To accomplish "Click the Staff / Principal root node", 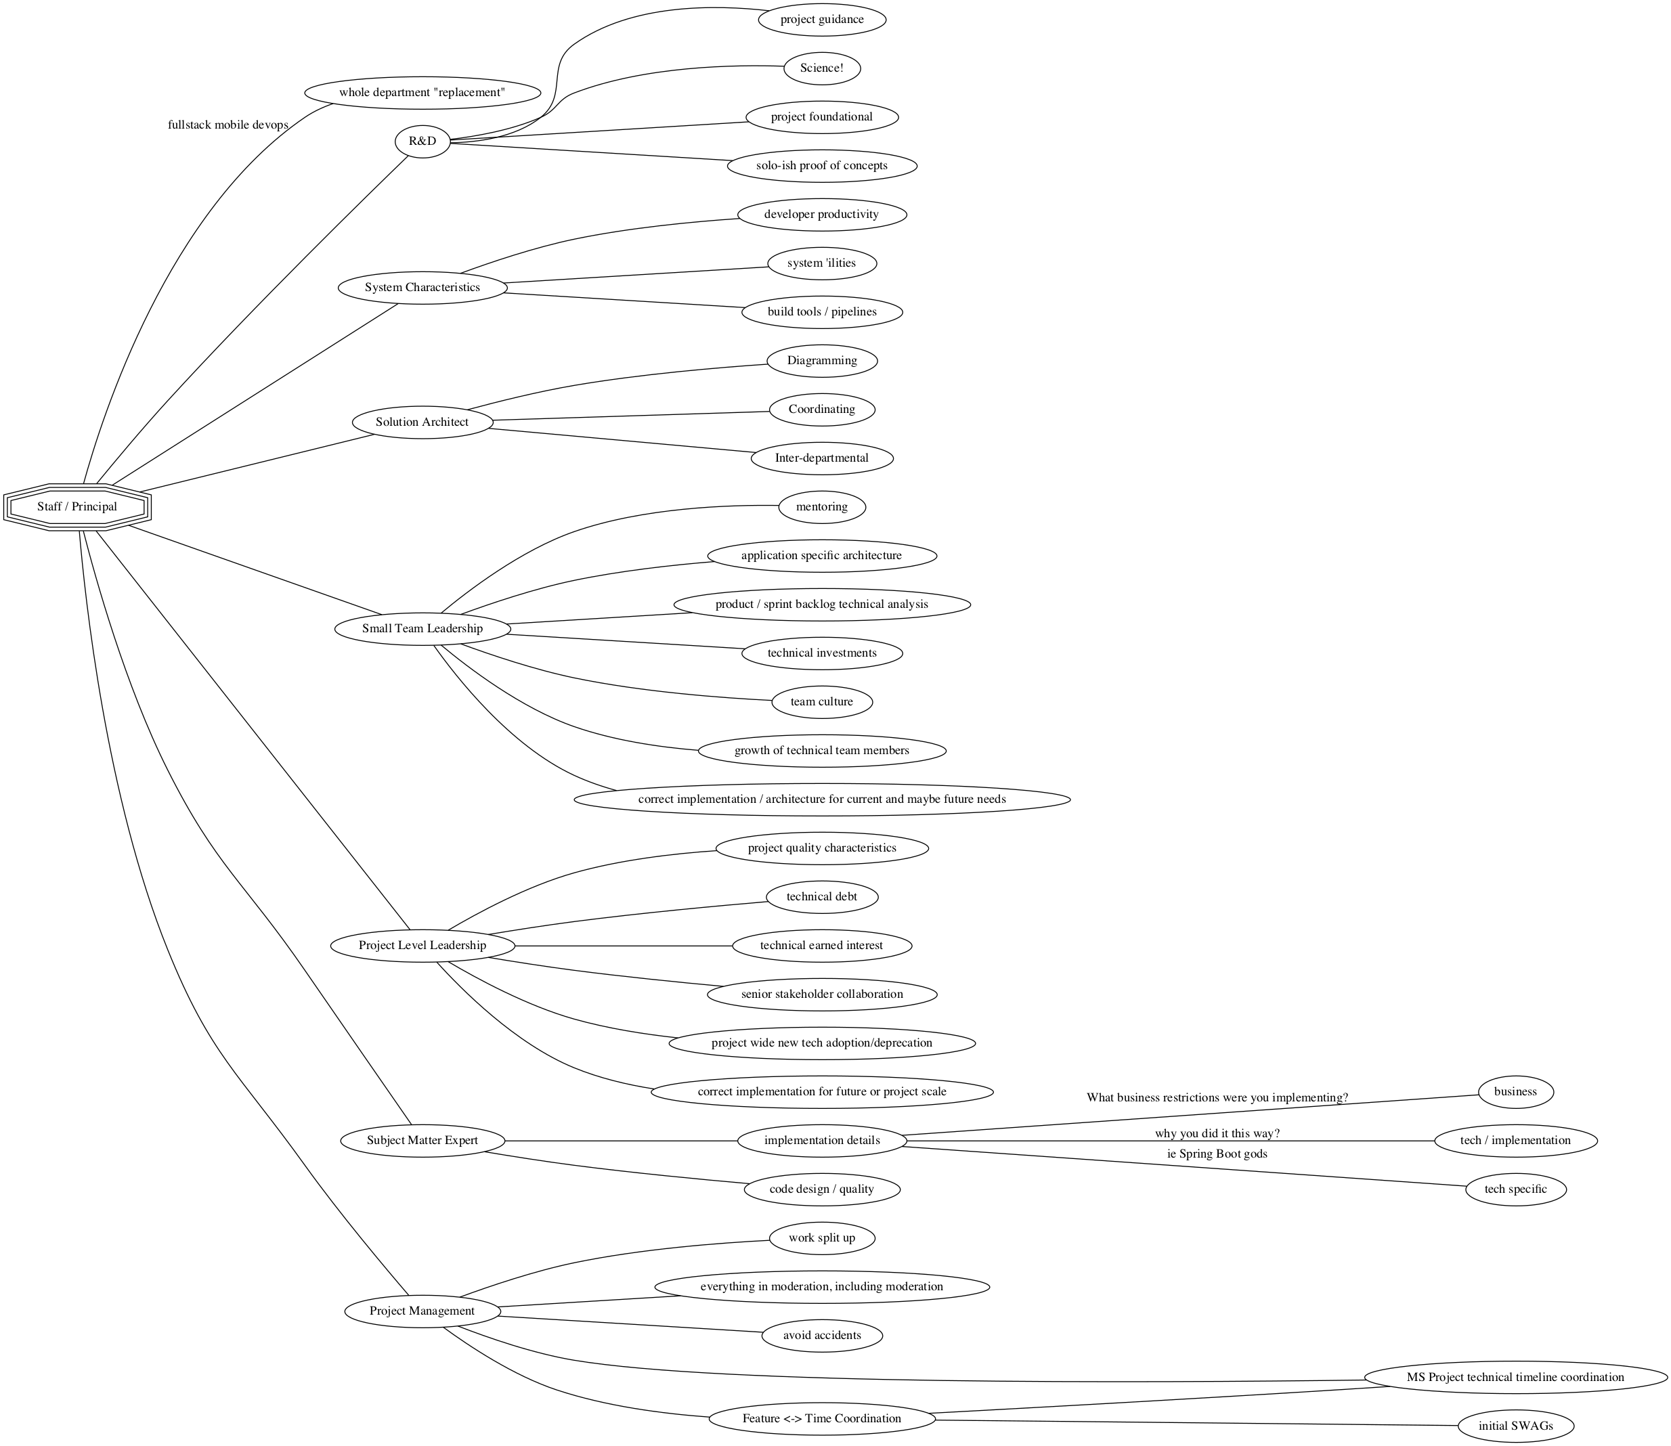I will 77,507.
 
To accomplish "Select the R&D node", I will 422,141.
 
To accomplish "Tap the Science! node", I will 821,68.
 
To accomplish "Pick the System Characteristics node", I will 422,287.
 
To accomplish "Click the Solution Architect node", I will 422,422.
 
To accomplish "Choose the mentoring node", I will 821,507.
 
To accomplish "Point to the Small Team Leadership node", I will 422,629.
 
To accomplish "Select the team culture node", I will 821,701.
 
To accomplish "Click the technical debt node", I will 821,896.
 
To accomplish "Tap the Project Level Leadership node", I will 422,945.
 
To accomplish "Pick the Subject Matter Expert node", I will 422,1140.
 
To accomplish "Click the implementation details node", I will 821,1140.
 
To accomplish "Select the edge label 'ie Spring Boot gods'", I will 1217,1154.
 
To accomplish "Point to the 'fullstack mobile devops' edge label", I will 227,125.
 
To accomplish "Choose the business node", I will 1515,1092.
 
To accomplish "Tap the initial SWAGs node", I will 1515,1426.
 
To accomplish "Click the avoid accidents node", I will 821,1335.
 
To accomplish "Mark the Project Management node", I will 422,1311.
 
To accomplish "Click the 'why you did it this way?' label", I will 1217,1134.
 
